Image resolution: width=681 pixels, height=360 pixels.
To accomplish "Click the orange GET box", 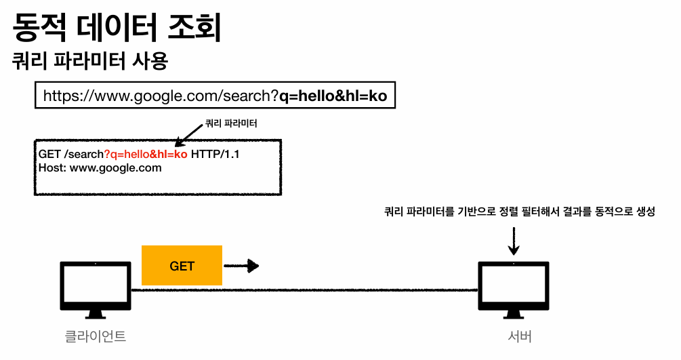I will pyautogui.click(x=182, y=266).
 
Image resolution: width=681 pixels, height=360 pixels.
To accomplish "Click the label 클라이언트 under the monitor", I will pyautogui.click(x=95, y=336).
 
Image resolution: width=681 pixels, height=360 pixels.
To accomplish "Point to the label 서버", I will pyautogui.click(x=520, y=336).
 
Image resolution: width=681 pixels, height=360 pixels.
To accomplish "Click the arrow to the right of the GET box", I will pyautogui.click(x=241, y=266).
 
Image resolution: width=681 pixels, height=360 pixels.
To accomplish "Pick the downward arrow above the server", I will pyautogui.click(x=514, y=241).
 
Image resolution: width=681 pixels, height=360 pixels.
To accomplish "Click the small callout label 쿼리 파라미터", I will pyautogui.click(x=231, y=124).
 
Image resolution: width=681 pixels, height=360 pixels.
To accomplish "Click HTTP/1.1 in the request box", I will pyautogui.click(x=215, y=155).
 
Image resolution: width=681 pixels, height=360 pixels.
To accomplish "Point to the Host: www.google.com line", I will pyautogui.click(x=100, y=168).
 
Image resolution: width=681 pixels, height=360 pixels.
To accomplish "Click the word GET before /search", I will pyautogui.click(x=50, y=155).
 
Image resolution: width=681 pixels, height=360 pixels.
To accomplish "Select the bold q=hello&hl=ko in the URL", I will pyautogui.click(x=333, y=96).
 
